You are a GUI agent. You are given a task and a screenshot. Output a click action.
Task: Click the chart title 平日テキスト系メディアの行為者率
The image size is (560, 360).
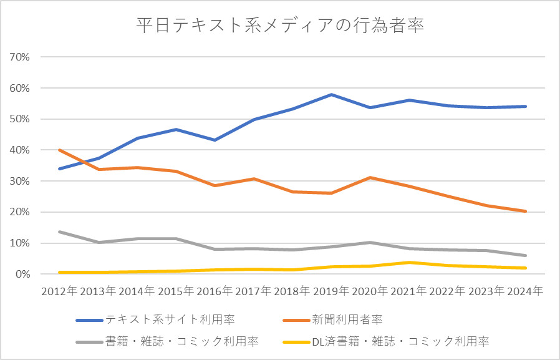(280, 27)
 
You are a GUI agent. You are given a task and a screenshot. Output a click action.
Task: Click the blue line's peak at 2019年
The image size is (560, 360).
(331, 94)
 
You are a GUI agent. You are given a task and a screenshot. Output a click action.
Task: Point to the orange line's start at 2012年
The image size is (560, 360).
(60, 150)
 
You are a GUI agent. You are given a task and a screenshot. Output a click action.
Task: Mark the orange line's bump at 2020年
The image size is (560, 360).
(370, 178)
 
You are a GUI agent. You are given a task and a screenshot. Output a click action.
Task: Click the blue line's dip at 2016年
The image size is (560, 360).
(215, 140)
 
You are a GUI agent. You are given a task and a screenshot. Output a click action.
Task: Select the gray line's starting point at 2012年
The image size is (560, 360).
(60, 231)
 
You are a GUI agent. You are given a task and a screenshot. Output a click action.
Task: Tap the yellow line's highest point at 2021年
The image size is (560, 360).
(408, 262)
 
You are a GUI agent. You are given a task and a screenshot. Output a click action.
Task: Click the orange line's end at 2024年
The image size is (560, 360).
(524, 211)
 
